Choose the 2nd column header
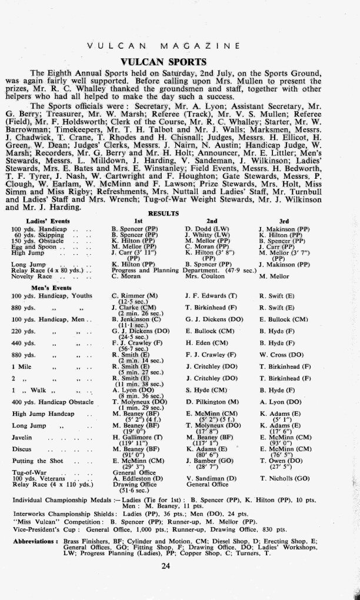tap(211, 220)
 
